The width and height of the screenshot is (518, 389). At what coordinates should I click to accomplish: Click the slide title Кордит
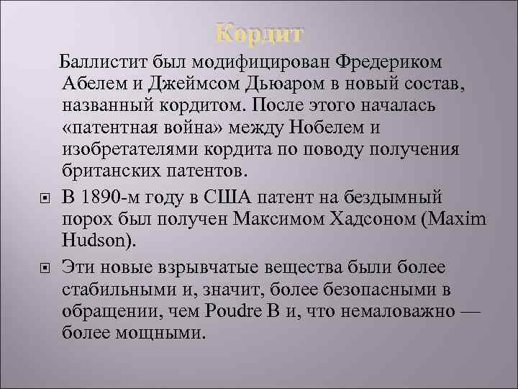coord(260,33)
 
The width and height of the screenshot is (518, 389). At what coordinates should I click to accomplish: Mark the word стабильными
coord(122,291)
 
